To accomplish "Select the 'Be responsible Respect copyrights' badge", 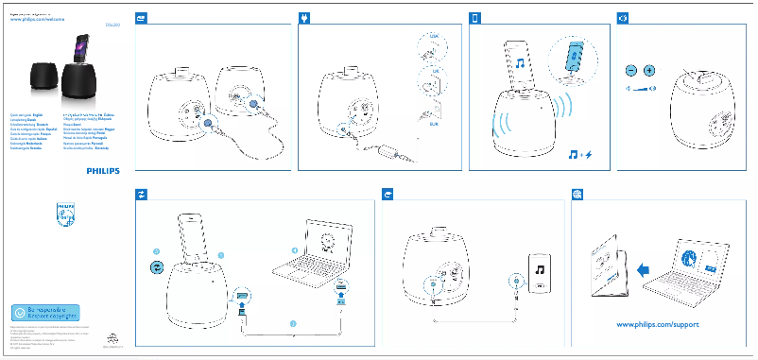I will tap(45, 311).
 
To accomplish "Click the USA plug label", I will tap(434, 36).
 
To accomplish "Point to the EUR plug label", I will tap(434, 124).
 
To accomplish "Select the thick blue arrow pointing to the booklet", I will tap(645, 270).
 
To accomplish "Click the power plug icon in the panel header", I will tap(304, 18).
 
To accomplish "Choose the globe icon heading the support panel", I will tap(577, 193).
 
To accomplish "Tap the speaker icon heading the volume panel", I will tap(622, 18).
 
